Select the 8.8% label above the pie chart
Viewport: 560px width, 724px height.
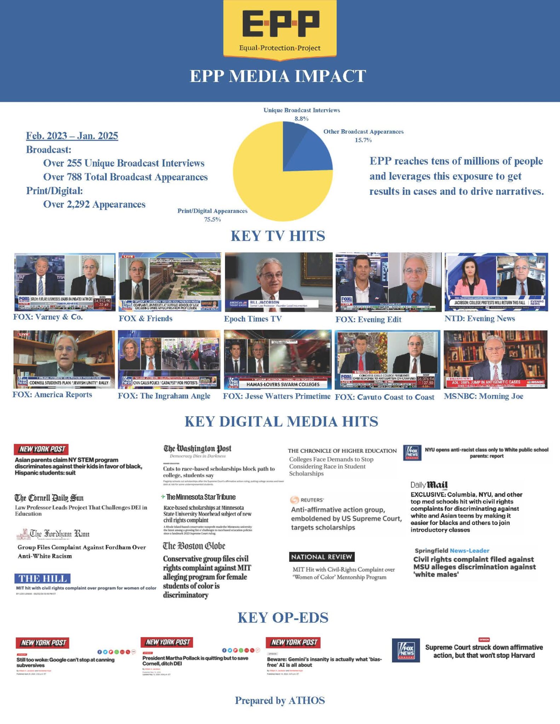pos(301,119)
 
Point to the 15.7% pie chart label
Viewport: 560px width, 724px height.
pos(363,140)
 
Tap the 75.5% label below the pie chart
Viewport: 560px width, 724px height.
pos(212,220)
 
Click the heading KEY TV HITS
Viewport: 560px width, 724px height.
pos(278,236)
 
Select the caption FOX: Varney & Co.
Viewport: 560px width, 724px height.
pos(48,317)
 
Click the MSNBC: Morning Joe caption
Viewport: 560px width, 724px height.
pos(483,396)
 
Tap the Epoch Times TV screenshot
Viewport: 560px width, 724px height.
pos(278,282)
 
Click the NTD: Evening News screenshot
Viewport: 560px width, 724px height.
pos(496,282)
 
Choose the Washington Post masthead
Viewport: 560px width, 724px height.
pos(197,449)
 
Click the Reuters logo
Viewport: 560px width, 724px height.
pos(307,500)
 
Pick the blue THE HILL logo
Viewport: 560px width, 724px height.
pos(42,579)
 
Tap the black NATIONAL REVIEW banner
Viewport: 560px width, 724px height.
pos(322,557)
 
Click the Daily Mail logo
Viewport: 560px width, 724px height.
pos(429,485)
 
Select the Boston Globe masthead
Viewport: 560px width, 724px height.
pos(194,546)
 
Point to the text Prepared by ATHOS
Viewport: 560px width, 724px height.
pos(280,700)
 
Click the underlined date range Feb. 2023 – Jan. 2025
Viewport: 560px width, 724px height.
pos(72,136)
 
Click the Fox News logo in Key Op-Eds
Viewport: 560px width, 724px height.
pos(406,650)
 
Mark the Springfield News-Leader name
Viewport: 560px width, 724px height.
pos(452,550)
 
